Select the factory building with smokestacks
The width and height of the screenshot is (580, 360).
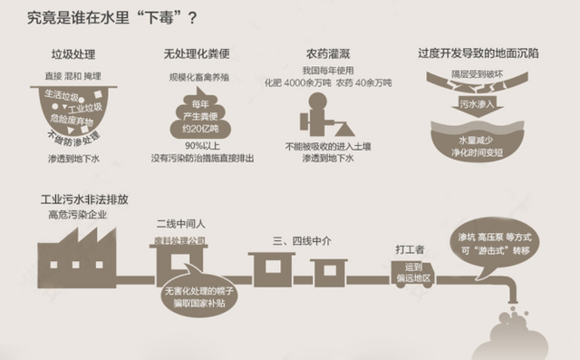tap(77, 250)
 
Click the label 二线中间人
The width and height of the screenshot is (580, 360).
tap(179, 222)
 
